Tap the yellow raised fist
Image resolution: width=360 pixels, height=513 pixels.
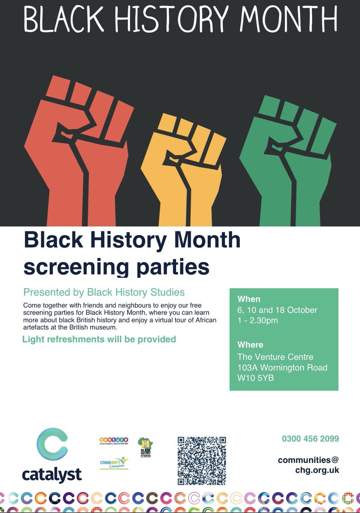[x=184, y=167]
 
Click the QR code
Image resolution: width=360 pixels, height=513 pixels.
[x=201, y=460]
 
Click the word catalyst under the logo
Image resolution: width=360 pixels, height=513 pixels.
[x=52, y=475]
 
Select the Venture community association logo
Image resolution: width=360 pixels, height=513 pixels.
[x=113, y=441]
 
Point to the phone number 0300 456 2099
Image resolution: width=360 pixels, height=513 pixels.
[x=310, y=439]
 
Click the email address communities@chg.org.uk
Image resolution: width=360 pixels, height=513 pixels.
[x=308, y=465]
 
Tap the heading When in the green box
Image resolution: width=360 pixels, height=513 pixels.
[x=249, y=299]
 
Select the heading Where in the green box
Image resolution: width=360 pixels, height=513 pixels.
[x=251, y=345]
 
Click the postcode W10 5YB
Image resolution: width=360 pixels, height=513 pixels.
[x=256, y=378]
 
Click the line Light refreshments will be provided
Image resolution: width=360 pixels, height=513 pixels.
[x=99, y=339]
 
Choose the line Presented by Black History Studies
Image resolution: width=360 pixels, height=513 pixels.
[x=104, y=292]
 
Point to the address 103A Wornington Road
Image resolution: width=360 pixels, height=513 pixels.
[x=283, y=367]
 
